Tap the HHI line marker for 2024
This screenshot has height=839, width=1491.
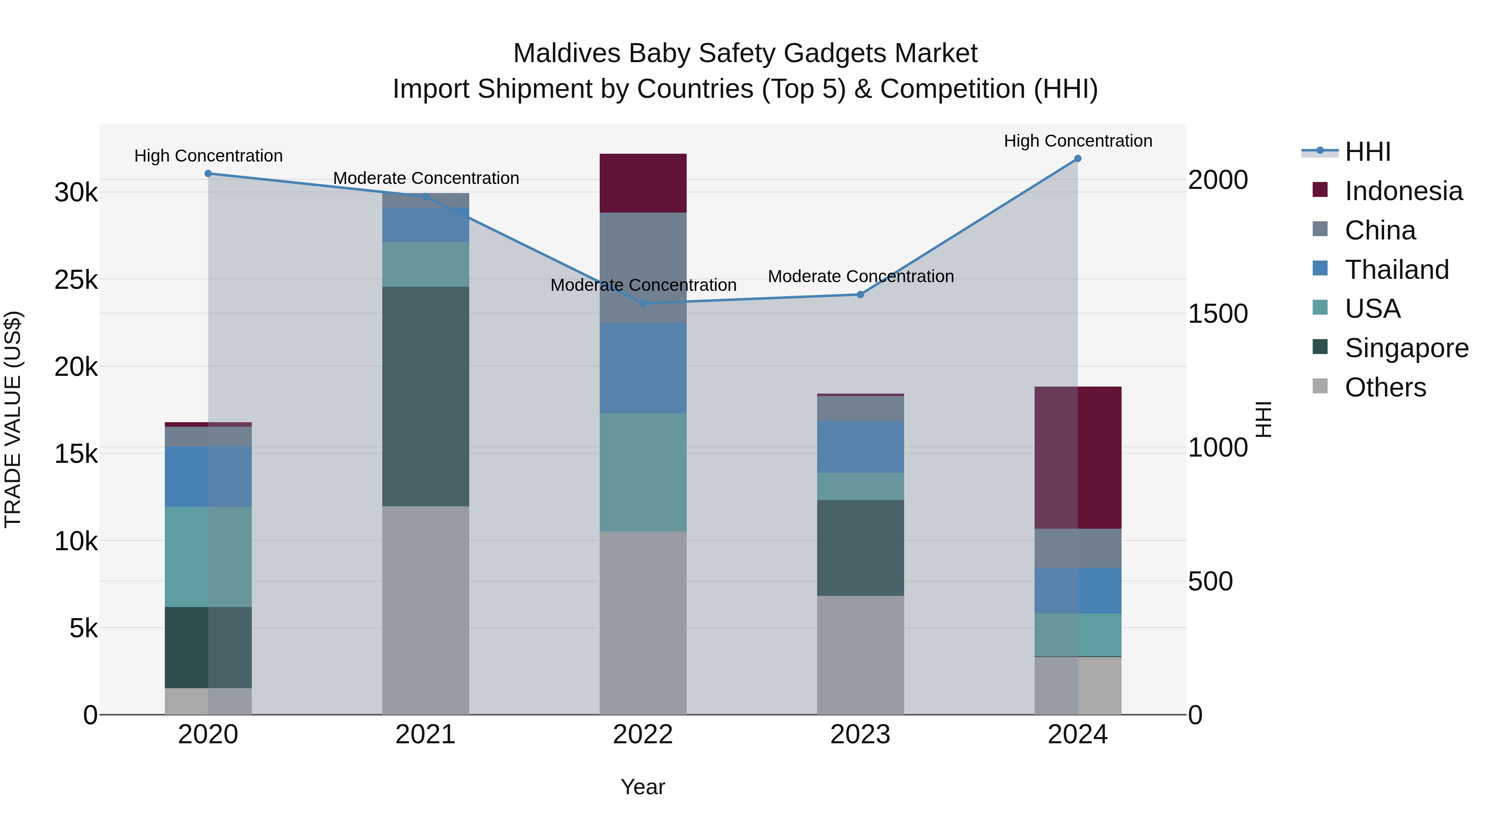[x=1077, y=159]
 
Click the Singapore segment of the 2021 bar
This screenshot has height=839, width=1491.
[x=425, y=396]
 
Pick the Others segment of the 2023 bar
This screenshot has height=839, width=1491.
[x=860, y=654]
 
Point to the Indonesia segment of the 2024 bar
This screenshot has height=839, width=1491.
[x=1077, y=457]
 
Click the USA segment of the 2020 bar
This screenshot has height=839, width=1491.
[x=208, y=556]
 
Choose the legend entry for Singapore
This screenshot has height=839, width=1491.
[x=1406, y=348]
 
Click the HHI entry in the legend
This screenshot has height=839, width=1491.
[x=1367, y=152]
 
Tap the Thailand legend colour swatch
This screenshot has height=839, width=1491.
[x=1320, y=268]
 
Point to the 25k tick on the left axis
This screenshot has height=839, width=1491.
[x=76, y=280]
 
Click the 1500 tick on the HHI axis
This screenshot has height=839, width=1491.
[x=1217, y=314]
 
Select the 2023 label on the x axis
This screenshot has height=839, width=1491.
[x=860, y=735]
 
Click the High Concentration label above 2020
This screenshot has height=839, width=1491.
[x=208, y=156]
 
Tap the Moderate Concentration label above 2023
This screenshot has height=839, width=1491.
[x=860, y=276]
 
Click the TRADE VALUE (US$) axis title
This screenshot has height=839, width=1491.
[x=13, y=419]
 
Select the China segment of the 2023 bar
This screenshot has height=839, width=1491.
[x=860, y=409]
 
